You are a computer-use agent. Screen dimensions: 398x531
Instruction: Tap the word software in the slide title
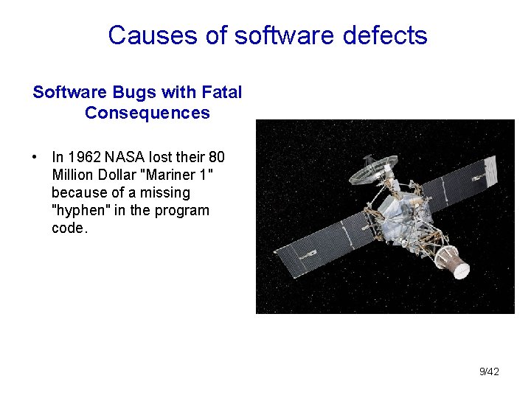(275, 35)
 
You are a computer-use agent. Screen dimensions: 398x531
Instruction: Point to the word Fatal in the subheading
(221, 93)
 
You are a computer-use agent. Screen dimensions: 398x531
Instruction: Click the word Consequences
(147, 114)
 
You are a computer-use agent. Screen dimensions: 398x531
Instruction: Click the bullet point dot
(35, 157)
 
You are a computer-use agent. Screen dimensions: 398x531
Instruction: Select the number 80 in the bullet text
(216, 157)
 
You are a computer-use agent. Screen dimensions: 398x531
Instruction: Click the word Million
(72, 175)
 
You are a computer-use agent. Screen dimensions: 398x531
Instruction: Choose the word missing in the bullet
(167, 192)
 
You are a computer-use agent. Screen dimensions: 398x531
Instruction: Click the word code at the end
(68, 228)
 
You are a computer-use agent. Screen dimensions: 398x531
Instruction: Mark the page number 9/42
(489, 371)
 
